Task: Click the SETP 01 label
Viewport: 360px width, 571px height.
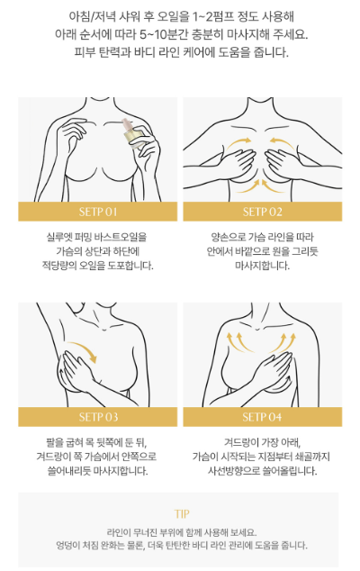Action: pyautogui.click(x=98, y=212)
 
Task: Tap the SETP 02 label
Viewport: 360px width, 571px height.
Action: pyautogui.click(x=263, y=212)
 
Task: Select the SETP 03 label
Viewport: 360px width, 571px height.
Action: pyautogui.click(x=98, y=417)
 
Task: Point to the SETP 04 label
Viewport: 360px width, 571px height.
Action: pyautogui.click(x=262, y=417)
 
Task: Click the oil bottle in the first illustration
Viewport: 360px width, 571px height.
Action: pyautogui.click(x=131, y=134)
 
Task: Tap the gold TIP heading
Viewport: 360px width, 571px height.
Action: pyautogui.click(x=182, y=514)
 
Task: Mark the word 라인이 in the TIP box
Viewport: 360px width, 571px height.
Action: pyautogui.click(x=117, y=532)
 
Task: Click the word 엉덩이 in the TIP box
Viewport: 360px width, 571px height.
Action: pyautogui.click(x=67, y=545)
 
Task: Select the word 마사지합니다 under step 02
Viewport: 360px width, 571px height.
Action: pyautogui.click(x=262, y=266)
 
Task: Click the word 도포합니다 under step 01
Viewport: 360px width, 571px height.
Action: pyautogui.click(x=130, y=266)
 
